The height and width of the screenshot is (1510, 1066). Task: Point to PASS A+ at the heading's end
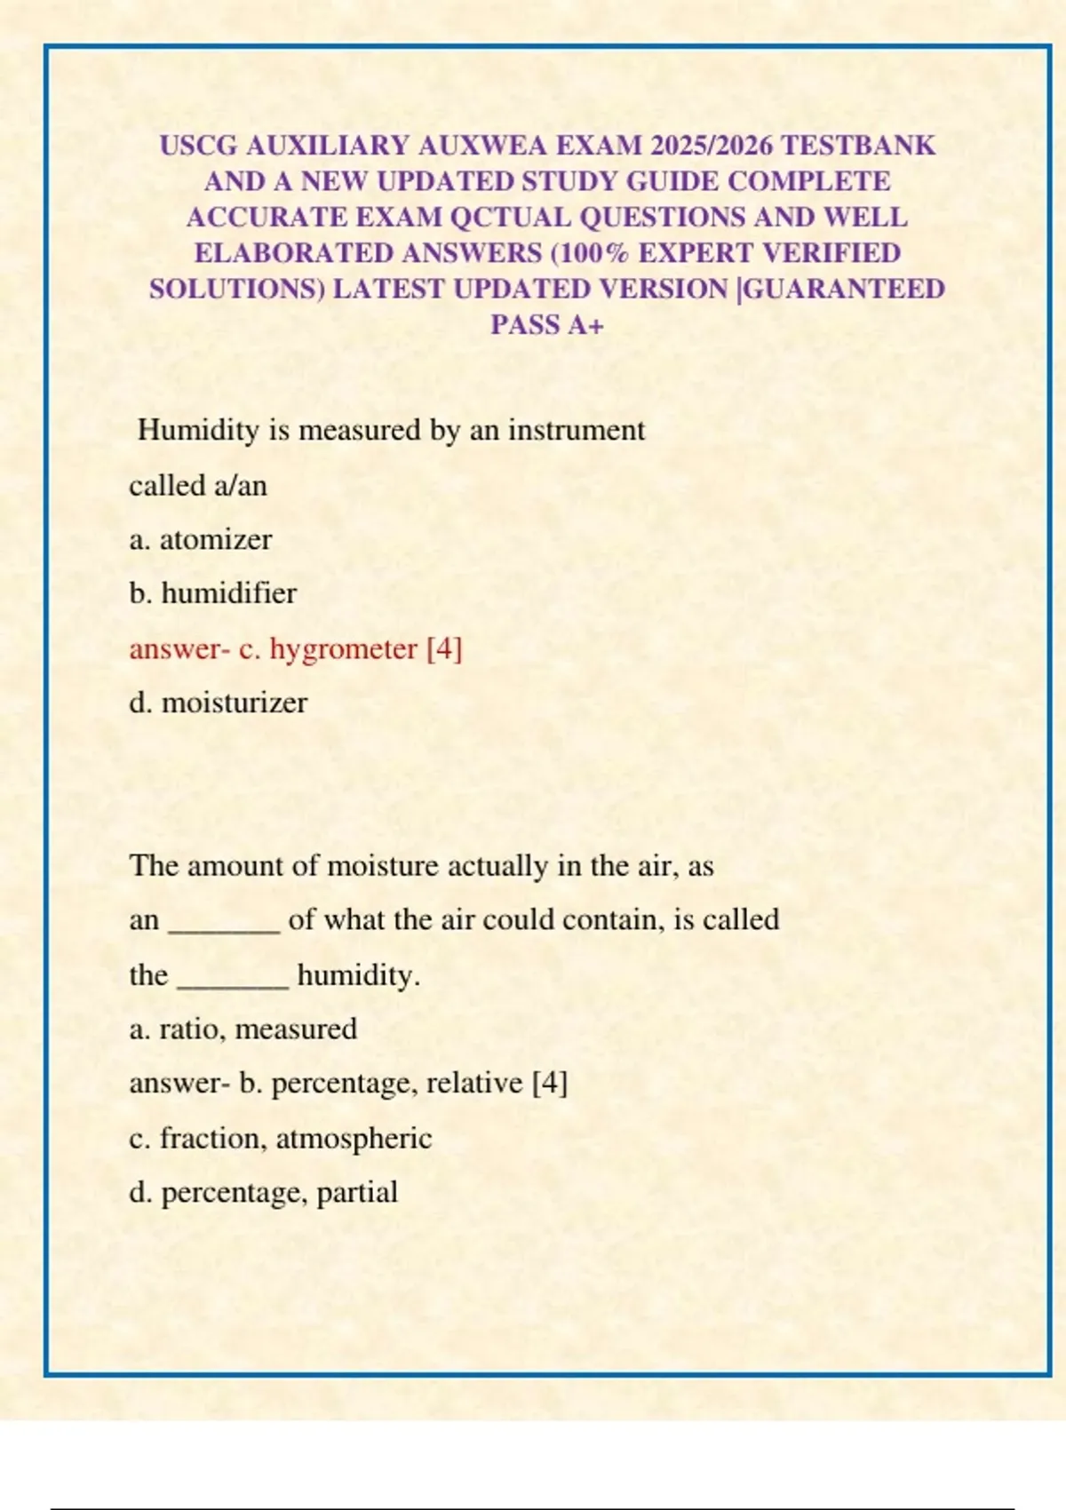547,325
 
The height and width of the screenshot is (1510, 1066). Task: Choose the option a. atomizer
201,539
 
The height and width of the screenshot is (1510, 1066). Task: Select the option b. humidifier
213,593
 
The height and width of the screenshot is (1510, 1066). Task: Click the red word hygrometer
344,648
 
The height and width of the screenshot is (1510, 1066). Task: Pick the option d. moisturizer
219,703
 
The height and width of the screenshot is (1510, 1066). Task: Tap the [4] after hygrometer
444,648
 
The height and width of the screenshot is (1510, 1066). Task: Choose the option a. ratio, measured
243,1029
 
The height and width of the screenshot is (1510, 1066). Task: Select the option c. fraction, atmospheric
281,1138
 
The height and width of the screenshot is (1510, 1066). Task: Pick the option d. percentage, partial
264,1192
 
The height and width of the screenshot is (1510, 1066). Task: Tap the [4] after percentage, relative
550,1083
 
